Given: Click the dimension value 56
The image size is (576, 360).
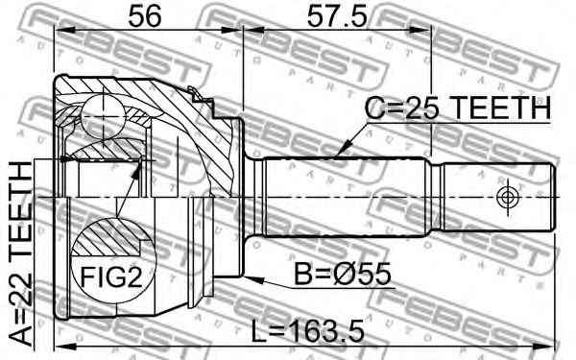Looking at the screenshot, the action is click(145, 16).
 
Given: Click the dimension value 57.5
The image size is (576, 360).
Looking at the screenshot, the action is click(337, 16).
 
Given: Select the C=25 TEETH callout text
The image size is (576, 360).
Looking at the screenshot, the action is click(458, 108).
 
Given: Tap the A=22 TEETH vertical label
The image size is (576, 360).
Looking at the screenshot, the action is click(21, 253).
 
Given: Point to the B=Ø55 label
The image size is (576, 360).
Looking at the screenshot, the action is click(343, 274).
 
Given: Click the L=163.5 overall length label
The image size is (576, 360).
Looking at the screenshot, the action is click(308, 330).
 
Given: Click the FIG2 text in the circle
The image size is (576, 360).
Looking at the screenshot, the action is click(111, 276).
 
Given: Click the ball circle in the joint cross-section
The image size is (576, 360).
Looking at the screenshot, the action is click(104, 116).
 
